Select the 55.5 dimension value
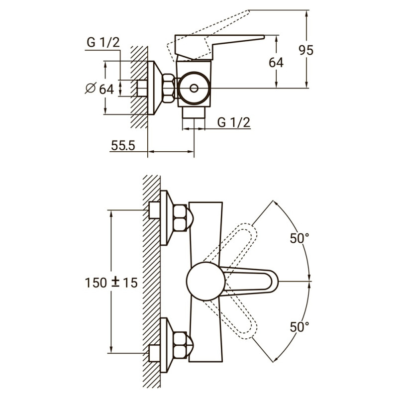point(123,145)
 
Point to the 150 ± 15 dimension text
point(111,282)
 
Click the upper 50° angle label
point(299,238)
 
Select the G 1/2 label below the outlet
point(234,122)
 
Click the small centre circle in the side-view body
point(194,89)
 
